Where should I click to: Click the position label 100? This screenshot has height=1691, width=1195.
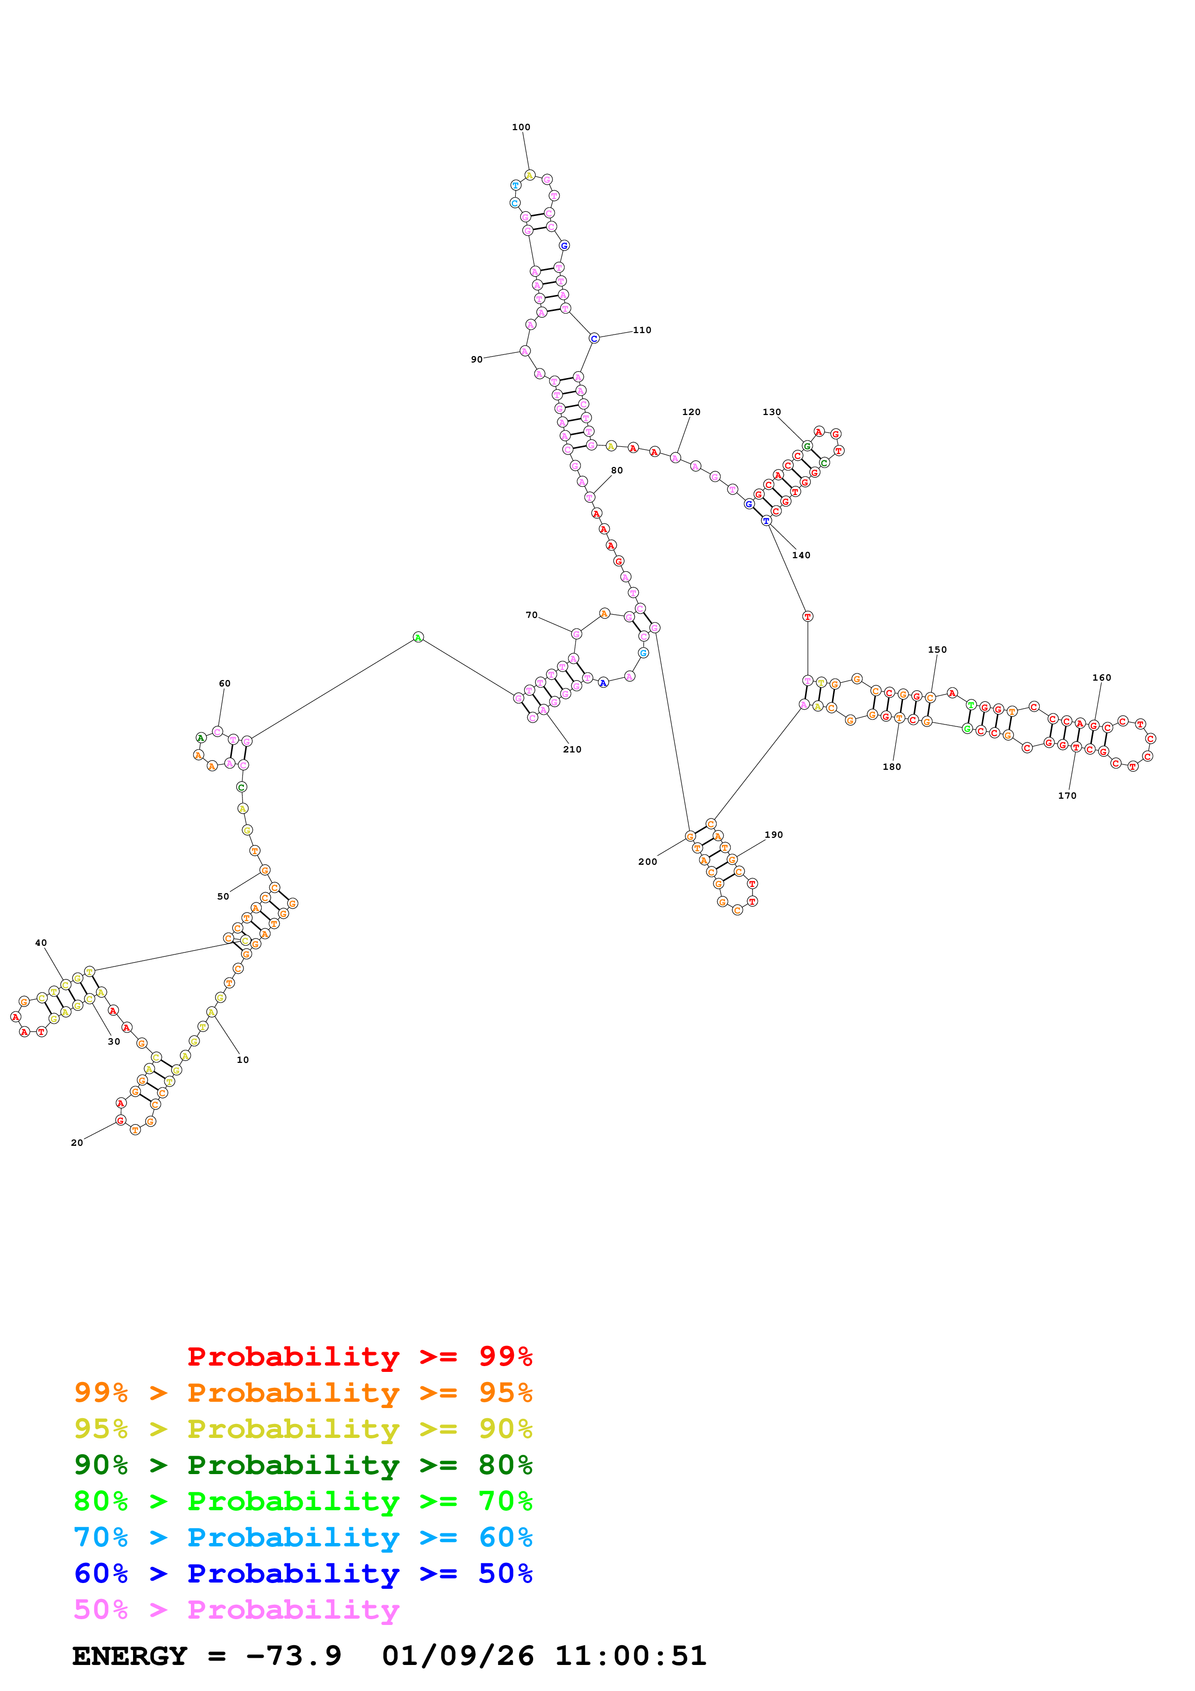[x=521, y=127]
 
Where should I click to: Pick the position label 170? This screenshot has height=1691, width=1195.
[x=1066, y=795]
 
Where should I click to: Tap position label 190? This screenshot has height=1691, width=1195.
[x=773, y=834]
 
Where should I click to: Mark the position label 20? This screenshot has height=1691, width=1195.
[x=77, y=1142]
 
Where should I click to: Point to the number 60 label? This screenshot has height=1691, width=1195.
[x=225, y=684]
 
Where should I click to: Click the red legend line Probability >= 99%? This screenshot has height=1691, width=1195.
[x=359, y=1356]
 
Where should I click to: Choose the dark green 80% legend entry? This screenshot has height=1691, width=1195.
[x=303, y=1465]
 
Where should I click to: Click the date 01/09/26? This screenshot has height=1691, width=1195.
[x=457, y=1656]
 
